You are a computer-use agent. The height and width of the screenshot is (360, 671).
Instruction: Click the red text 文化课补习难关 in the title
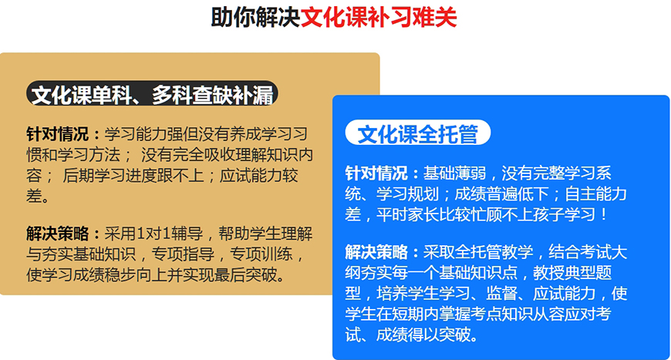tap(379, 18)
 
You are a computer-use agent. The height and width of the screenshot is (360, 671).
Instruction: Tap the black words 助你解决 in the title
tap(255, 18)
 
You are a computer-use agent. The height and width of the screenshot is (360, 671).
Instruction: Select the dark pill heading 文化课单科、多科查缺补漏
tap(152, 93)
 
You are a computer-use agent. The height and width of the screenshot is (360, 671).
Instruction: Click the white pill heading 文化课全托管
tap(417, 133)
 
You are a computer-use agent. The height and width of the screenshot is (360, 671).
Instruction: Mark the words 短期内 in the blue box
tap(416, 315)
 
